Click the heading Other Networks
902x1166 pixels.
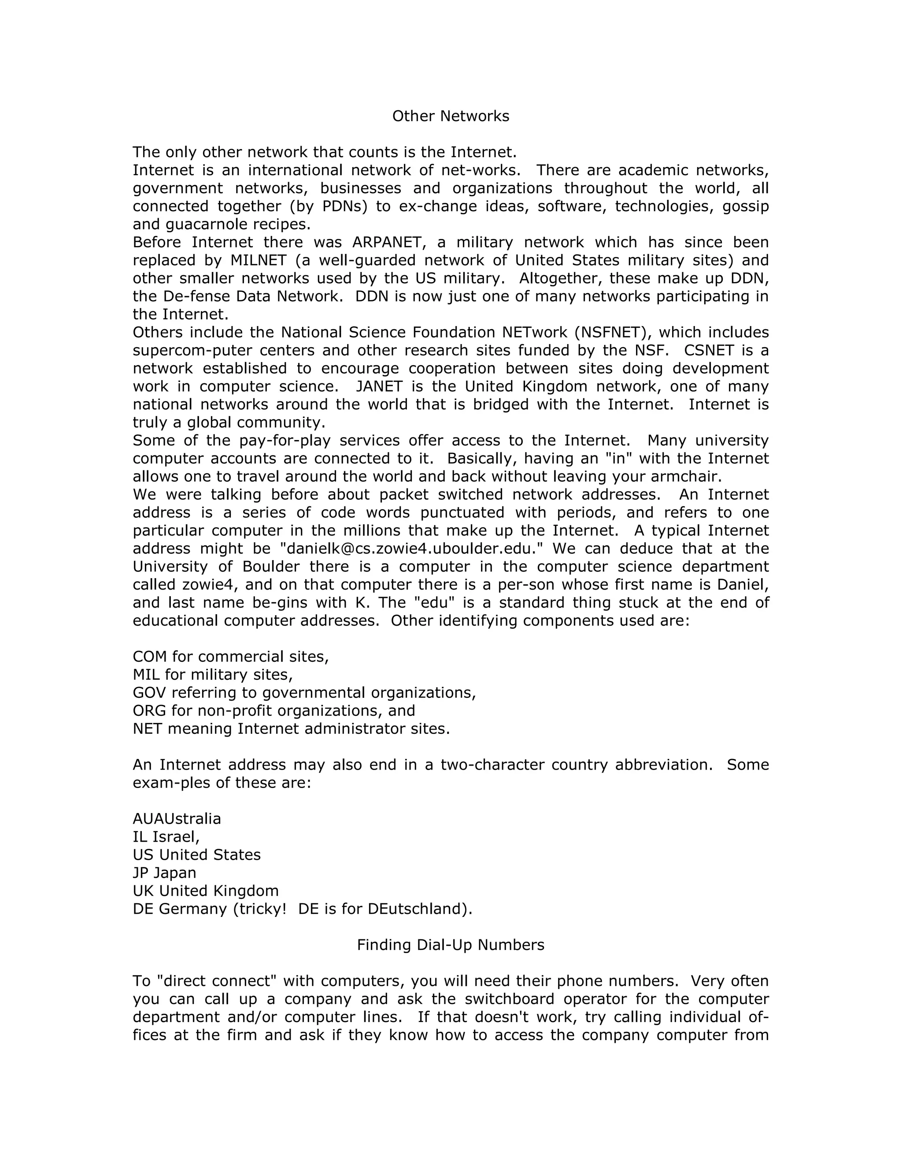point(451,116)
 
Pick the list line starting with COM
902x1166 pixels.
point(231,656)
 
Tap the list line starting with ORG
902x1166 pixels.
point(274,711)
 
